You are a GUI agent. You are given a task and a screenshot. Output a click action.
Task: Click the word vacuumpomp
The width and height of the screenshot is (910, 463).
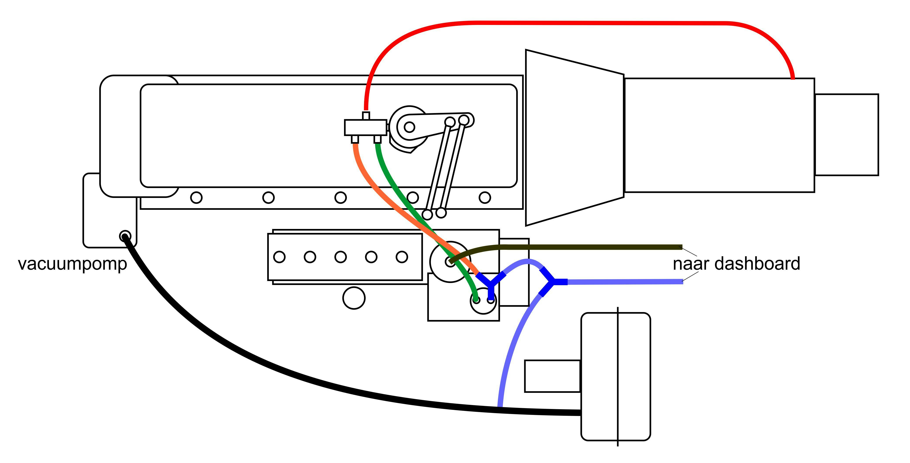(73, 264)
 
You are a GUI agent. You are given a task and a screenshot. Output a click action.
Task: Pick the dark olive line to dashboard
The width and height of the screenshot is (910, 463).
(600, 247)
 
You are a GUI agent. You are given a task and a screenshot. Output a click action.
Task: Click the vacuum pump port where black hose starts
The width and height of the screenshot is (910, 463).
(125, 236)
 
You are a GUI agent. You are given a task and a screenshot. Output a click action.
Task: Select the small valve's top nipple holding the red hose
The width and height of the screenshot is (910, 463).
(366, 116)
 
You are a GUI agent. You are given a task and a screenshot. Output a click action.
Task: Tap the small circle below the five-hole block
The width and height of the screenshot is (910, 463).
(354, 298)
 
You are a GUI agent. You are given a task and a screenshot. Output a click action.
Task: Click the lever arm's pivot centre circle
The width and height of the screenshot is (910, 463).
(409, 127)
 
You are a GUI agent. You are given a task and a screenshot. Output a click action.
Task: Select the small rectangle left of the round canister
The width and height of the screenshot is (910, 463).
(552, 376)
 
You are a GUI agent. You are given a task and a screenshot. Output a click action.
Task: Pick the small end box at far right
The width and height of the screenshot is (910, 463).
(846, 135)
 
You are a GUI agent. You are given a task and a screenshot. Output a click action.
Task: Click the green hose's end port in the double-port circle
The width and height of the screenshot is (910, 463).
(476, 300)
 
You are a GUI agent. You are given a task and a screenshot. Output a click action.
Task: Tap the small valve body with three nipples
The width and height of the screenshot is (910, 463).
(365, 127)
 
